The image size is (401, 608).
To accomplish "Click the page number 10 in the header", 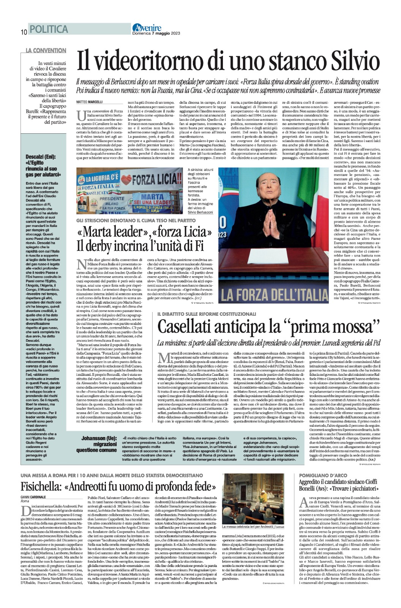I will click(x=24, y=32).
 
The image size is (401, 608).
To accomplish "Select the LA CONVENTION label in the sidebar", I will click(x=46, y=50).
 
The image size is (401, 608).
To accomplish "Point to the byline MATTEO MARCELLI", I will click(x=90, y=102).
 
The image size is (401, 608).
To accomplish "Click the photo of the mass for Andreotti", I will click(x=253, y=503).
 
